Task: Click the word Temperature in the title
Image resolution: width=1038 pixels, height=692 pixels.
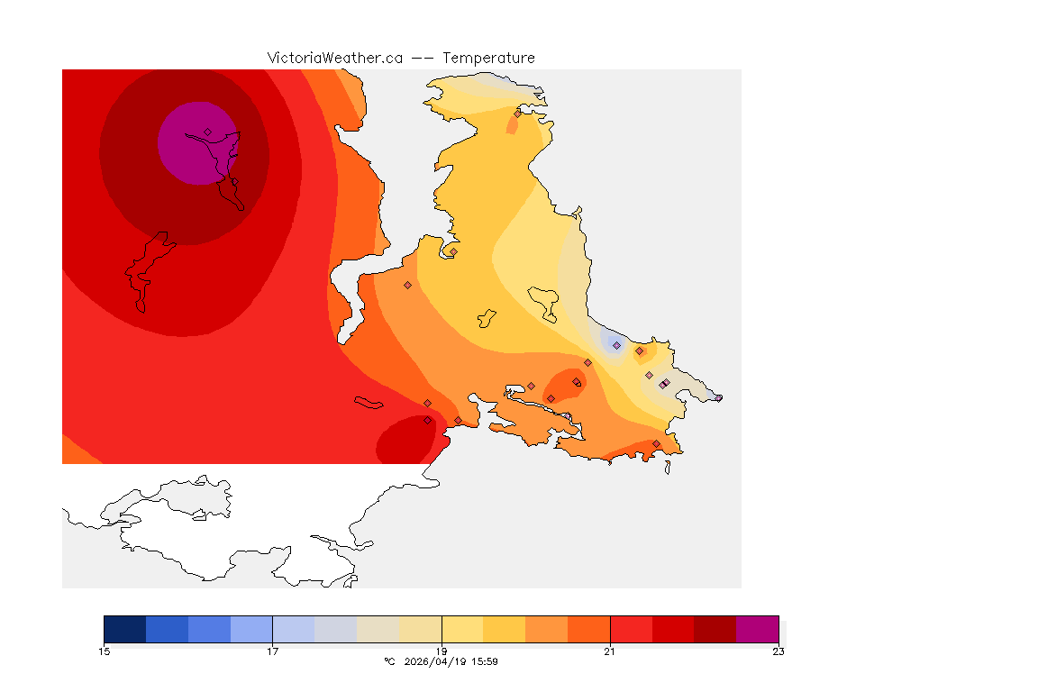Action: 488,58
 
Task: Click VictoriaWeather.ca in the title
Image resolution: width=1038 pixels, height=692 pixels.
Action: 334,58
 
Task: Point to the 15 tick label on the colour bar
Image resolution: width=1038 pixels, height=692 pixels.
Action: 104,651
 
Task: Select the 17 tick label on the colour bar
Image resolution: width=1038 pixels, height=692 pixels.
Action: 272,651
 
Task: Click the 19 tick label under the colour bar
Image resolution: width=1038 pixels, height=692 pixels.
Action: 441,651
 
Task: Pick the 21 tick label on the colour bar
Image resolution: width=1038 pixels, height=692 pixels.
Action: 610,651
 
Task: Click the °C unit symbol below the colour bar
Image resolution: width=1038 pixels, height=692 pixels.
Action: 389,661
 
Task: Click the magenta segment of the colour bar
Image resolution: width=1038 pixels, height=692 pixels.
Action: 757,629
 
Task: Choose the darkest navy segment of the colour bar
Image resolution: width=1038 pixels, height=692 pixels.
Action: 124,629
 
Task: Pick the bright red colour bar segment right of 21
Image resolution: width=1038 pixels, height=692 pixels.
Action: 631,629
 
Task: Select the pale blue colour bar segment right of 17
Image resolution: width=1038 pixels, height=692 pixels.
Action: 293,629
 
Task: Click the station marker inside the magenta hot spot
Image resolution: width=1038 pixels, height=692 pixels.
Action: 208,132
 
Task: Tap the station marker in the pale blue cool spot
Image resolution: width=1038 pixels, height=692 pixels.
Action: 616,345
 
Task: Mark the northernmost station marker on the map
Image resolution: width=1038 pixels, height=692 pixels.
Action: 517,114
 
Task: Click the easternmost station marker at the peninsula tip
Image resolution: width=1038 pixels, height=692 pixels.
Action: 718,397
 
